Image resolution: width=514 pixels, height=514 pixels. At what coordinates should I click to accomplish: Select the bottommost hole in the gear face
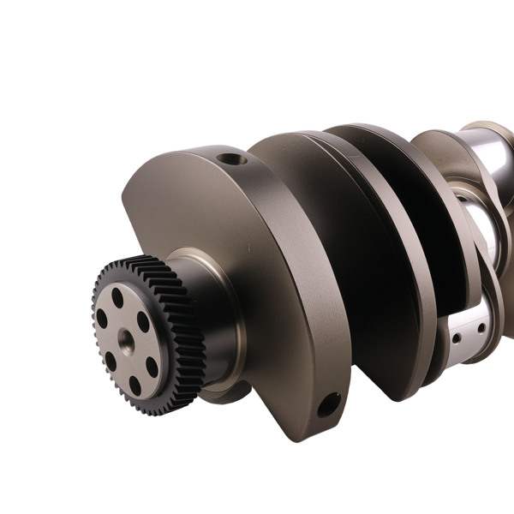tap(135, 385)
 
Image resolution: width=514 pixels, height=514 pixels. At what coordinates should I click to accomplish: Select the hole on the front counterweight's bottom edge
tap(328, 404)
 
